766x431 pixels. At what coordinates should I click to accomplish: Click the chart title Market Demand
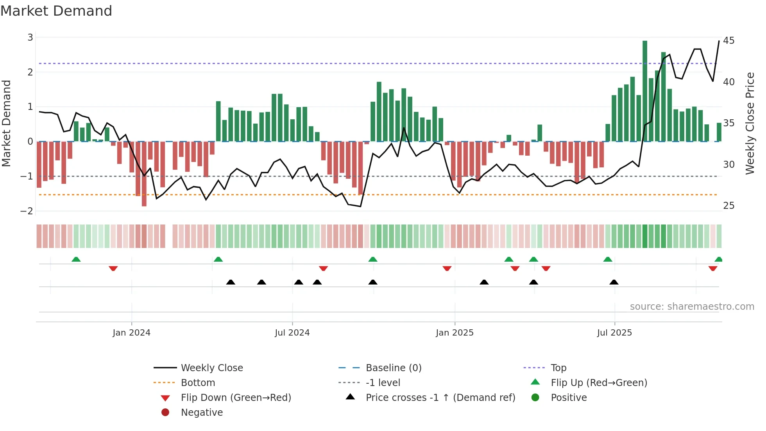point(56,11)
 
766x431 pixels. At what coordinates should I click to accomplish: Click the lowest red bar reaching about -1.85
point(144,174)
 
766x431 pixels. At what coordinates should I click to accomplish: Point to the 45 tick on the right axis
point(728,41)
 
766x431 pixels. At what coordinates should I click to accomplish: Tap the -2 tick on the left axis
point(27,211)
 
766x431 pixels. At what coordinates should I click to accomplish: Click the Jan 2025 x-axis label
point(455,333)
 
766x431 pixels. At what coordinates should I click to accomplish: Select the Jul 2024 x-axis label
point(292,333)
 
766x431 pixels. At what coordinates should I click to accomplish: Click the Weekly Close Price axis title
point(750,123)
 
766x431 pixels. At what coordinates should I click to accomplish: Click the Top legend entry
point(558,368)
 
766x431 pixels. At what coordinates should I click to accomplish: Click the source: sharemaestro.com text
point(692,307)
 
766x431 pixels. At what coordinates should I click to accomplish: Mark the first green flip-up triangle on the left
point(76,259)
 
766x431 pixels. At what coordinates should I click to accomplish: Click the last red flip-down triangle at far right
point(712,269)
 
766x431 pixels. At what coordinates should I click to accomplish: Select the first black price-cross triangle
point(231,282)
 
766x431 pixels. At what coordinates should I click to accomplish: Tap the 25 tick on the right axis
point(728,206)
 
